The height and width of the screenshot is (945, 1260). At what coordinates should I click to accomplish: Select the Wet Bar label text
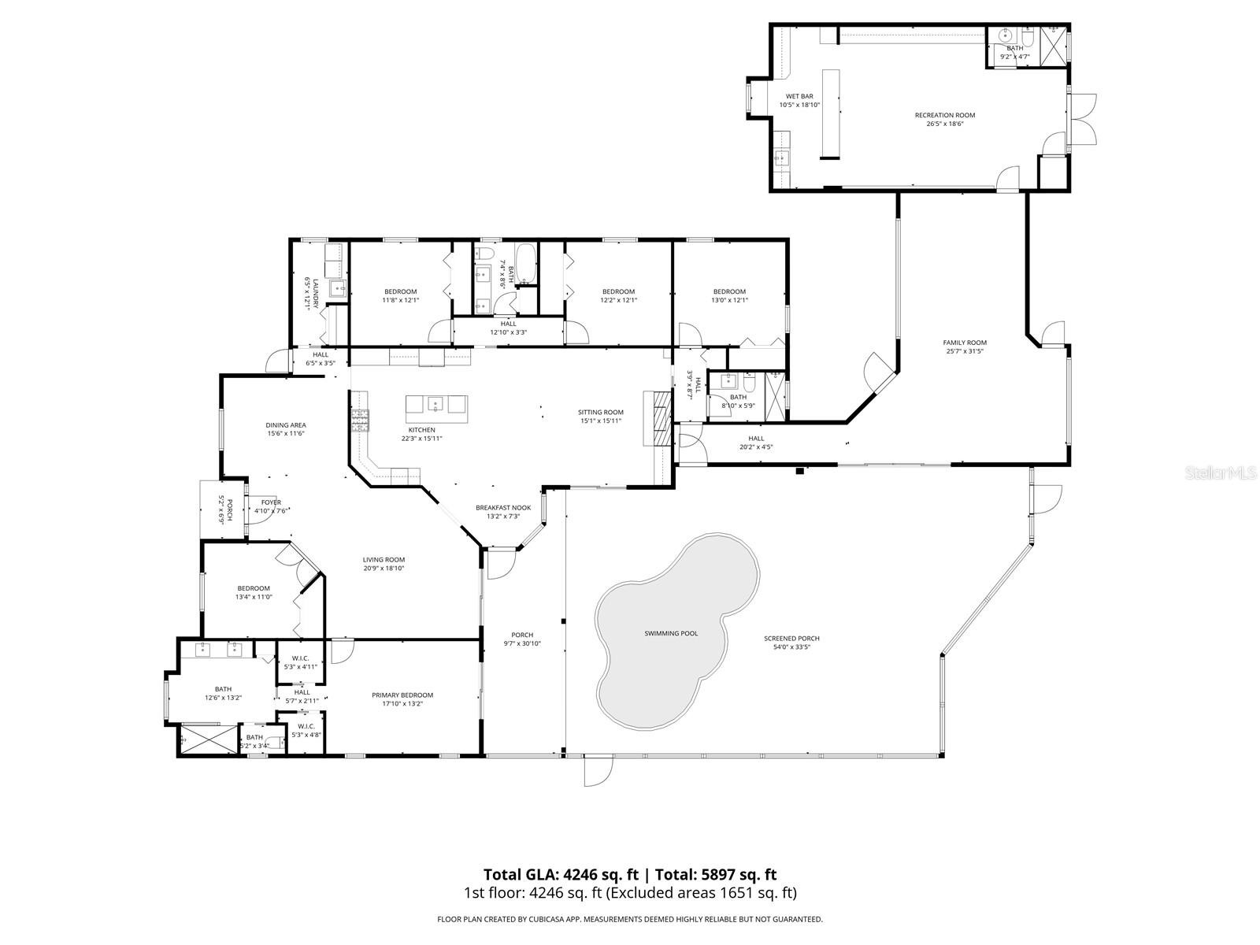799,96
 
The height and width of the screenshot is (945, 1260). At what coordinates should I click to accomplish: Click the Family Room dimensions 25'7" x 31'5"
965,351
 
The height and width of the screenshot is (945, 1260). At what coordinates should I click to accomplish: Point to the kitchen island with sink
436,405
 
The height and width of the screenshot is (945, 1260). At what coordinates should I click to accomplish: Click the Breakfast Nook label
503,508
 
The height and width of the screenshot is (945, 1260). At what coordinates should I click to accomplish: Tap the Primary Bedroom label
402,695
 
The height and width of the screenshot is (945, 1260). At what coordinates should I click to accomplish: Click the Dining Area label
285,424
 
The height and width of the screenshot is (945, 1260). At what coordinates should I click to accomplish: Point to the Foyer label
271,502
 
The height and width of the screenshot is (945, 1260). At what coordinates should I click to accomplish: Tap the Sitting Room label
600,412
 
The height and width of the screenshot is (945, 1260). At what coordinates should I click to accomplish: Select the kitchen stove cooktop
360,421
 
